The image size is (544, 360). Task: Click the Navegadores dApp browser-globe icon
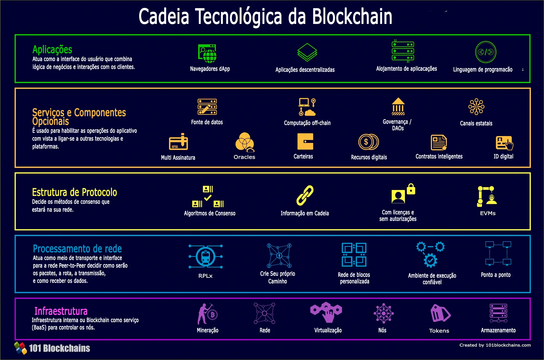(207, 53)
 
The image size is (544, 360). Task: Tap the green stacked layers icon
(307, 52)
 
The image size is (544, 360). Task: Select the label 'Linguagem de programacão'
(483, 69)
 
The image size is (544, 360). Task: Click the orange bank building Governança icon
(398, 106)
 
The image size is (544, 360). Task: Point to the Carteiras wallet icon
(305, 141)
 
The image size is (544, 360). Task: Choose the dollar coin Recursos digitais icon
(369, 142)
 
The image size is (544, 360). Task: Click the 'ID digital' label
(503, 156)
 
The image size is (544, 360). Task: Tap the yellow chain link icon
(305, 195)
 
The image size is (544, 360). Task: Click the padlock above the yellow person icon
(411, 189)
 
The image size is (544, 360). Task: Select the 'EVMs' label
(488, 213)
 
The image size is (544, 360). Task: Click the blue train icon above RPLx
(206, 257)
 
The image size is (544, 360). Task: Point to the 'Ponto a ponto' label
(496, 275)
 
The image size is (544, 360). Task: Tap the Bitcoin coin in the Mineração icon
(213, 315)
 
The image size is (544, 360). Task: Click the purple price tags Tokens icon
(440, 313)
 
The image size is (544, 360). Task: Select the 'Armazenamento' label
(498, 330)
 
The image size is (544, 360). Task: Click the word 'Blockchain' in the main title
(352, 16)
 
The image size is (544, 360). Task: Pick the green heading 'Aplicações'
(52, 50)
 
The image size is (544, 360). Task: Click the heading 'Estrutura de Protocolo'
(75, 192)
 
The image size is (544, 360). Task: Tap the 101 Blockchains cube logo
(20, 348)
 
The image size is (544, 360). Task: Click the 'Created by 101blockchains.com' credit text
(495, 345)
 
